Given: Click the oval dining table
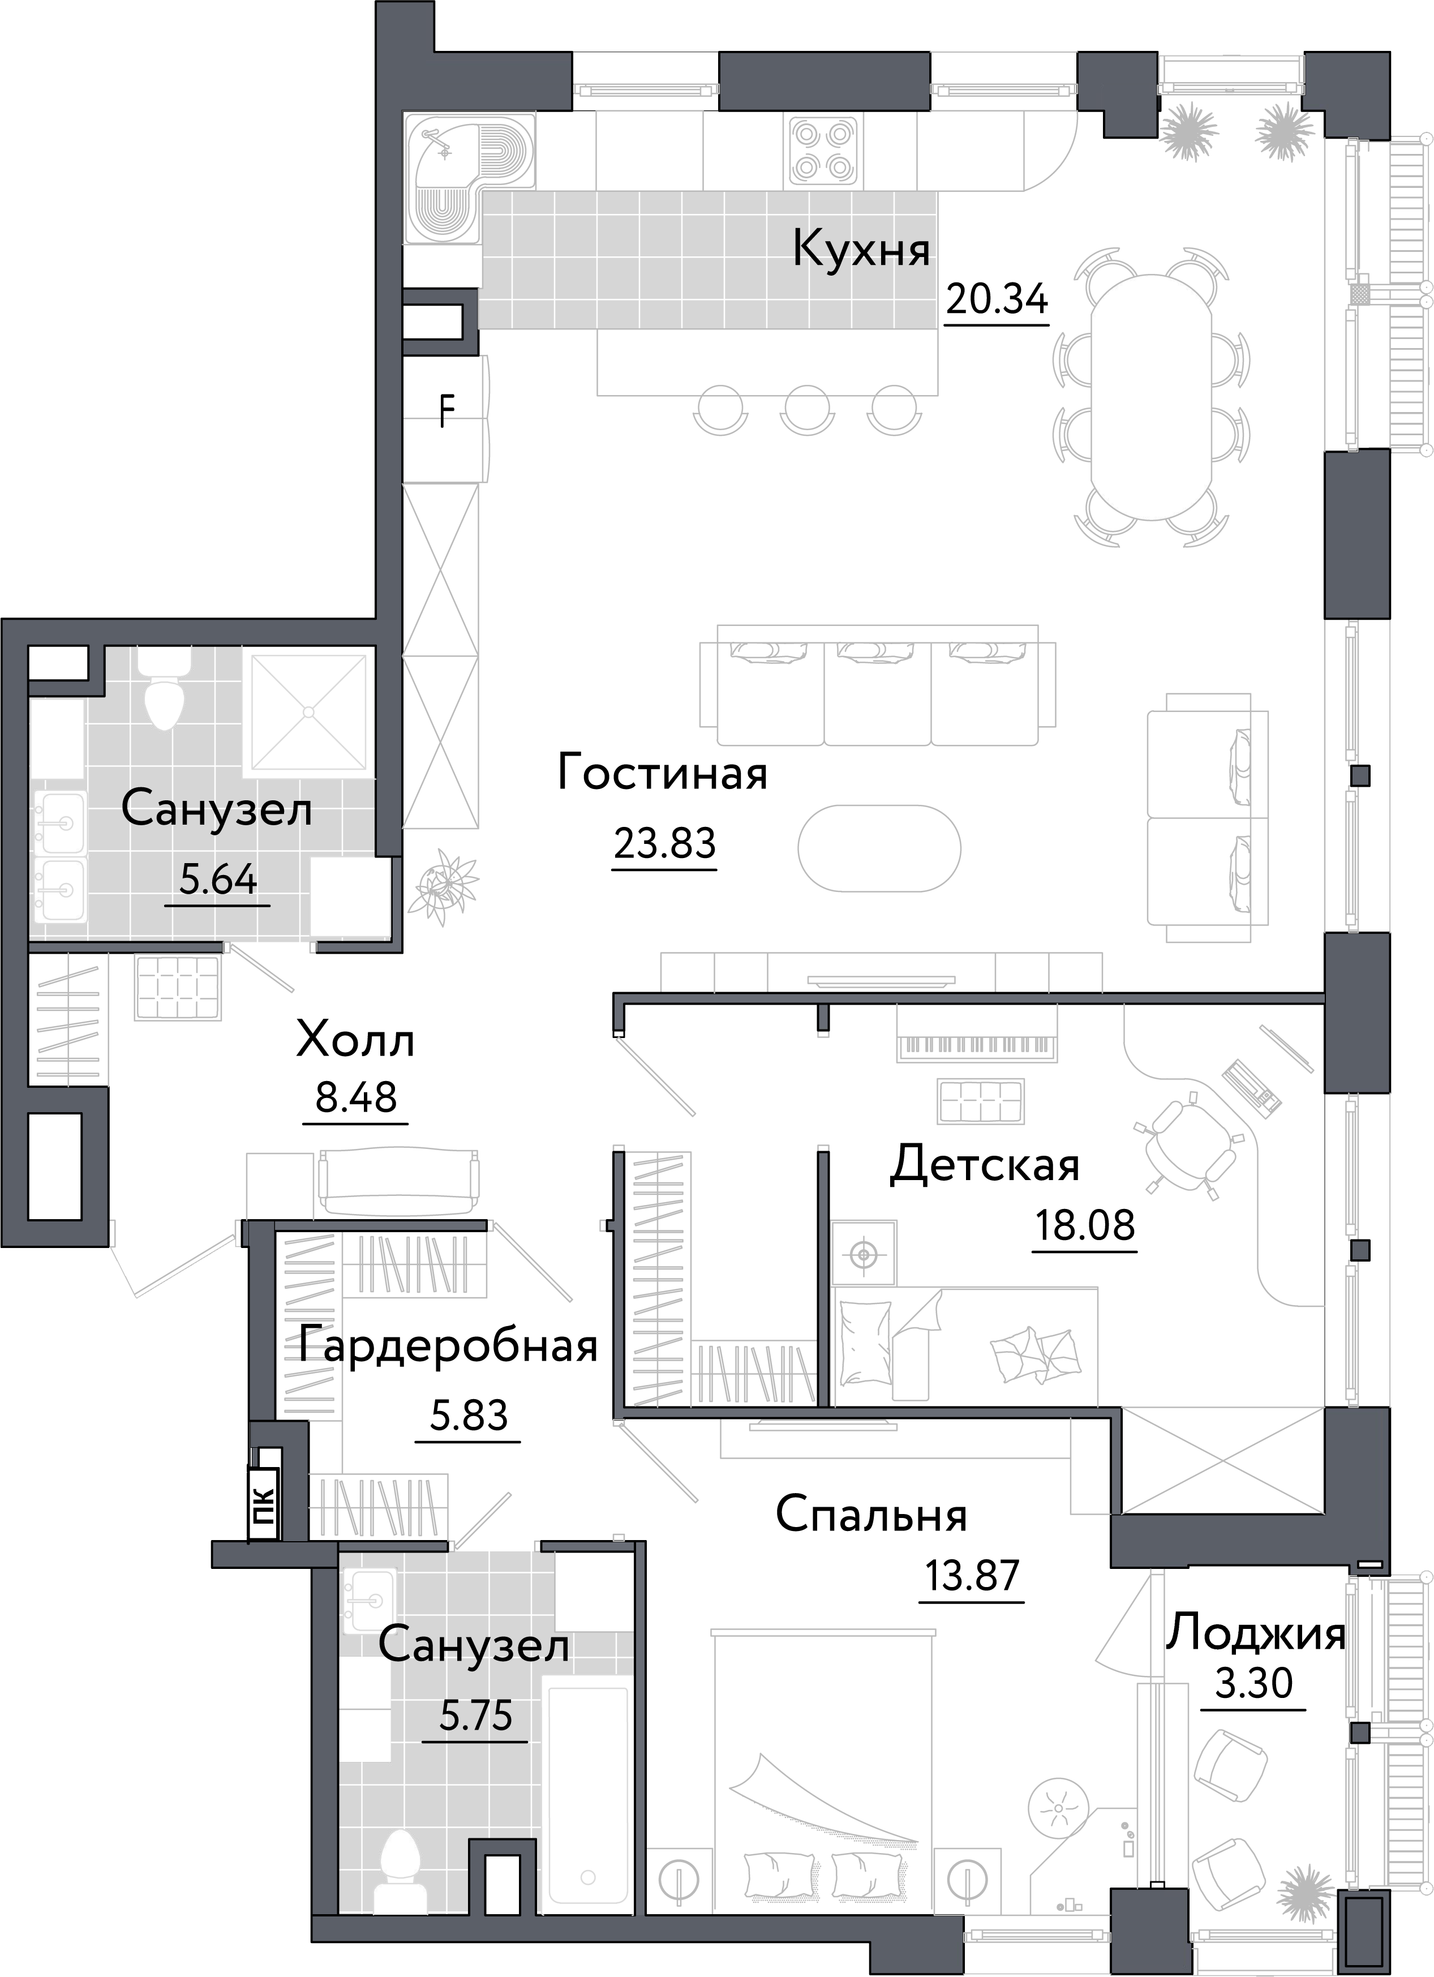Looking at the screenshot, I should (x=1150, y=397).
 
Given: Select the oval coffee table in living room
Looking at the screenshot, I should (x=879, y=847).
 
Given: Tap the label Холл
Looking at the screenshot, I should (x=355, y=1041).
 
